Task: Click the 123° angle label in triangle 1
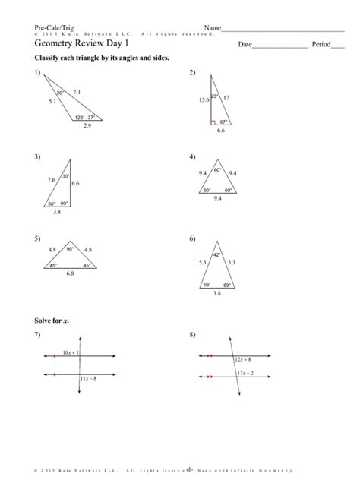[x=79, y=118]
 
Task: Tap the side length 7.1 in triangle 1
[x=77, y=90]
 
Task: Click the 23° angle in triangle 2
[x=215, y=96]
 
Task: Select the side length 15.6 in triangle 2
[x=204, y=99]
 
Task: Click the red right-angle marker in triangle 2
[x=214, y=121]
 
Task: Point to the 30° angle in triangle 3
[x=65, y=176]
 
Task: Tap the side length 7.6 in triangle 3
[x=51, y=180]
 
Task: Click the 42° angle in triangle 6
[x=216, y=255]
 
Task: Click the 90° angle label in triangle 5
[x=70, y=249]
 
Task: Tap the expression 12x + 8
[x=245, y=359]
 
